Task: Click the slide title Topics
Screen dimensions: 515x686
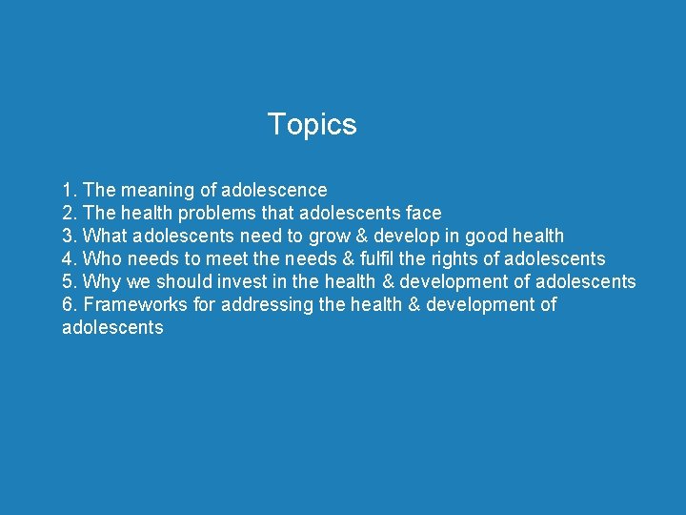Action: (x=312, y=124)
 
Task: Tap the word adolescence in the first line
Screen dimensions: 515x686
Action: (x=273, y=190)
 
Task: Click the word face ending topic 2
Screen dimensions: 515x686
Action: (x=421, y=213)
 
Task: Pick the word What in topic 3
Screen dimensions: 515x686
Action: (x=106, y=236)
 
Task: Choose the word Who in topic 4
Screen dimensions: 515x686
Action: (x=103, y=258)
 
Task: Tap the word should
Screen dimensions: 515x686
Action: (x=184, y=281)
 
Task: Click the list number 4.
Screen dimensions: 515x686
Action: (x=68, y=258)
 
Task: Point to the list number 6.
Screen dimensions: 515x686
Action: (x=68, y=304)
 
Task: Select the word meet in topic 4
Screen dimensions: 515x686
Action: (x=229, y=258)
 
